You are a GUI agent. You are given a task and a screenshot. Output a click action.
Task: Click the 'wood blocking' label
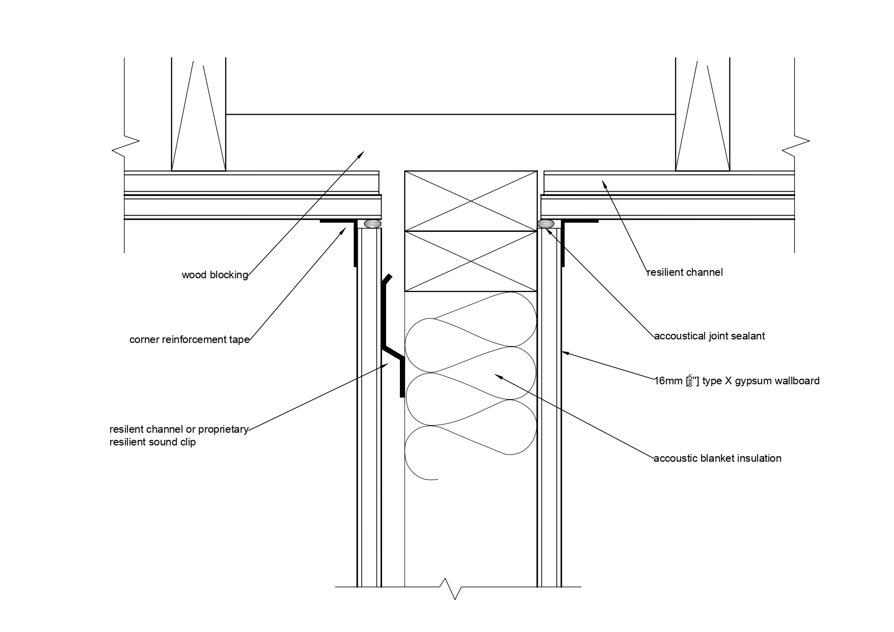click(x=214, y=275)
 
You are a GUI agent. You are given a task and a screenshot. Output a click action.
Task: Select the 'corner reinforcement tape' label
click(x=189, y=340)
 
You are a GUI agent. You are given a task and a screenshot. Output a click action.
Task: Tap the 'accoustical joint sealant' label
click(x=709, y=336)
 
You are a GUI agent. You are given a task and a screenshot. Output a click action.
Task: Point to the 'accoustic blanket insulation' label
click(x=717, y=458)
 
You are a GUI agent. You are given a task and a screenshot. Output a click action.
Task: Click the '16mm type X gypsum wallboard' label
click(x=737, y=381)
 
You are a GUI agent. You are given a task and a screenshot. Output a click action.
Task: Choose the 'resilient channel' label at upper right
click(x=684, y=272)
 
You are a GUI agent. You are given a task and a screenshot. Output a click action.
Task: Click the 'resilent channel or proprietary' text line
click(x=179, y=429)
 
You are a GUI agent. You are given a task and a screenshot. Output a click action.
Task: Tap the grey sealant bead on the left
click(x=373, y=224)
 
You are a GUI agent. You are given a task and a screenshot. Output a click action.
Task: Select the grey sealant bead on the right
click(x=546, y=224)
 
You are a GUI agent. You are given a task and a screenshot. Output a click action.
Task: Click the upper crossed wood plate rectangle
click(x=470, y=201)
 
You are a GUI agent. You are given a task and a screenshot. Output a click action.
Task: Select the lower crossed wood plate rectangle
click(x=470, y=261)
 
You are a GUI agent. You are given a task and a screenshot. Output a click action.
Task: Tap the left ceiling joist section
click(x=198, y=115)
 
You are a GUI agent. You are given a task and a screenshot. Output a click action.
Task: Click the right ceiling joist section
click(x=702, y=115)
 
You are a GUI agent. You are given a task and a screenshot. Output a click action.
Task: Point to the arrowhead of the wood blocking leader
click(x=362, y=153)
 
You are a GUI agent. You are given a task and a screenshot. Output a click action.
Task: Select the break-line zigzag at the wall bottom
click(x=454, y=588)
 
